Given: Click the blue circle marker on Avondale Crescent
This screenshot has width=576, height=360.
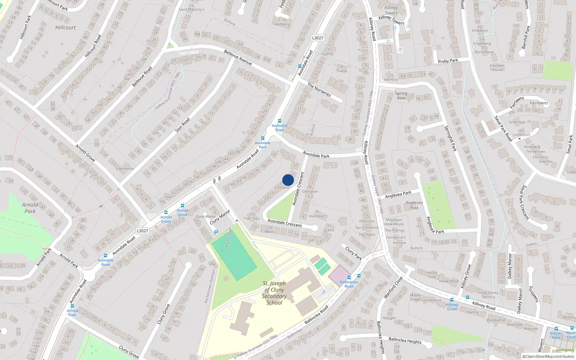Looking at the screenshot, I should click(288, 180).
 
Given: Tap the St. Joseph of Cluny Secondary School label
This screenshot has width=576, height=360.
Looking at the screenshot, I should click(274, 293).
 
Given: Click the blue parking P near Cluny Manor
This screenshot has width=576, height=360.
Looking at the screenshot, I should click(216, 233).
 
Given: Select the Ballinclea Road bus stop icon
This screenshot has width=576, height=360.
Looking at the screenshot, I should click(349, 278).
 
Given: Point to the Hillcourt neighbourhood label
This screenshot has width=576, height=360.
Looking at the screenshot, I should click(66, 27).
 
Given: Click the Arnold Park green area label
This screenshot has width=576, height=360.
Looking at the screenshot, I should click(30, 208).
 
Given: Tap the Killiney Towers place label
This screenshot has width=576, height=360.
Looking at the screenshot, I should click(391, 10).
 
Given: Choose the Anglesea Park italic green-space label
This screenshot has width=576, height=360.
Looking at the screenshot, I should click(414, 205).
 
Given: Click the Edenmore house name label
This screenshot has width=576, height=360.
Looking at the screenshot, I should click(125, 168).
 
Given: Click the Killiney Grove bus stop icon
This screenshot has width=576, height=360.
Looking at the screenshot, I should click(452, 300).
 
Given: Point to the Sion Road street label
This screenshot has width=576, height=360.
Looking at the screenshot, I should click(182, 125).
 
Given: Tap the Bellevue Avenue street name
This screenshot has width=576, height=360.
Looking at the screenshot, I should click(238, 57).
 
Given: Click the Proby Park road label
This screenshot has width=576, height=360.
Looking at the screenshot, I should click(448, 61).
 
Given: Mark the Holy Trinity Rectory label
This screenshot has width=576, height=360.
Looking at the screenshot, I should click(489, 295).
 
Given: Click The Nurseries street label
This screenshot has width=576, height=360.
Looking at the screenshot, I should click(319, 90).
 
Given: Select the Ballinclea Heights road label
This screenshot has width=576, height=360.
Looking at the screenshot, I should click(405, 340).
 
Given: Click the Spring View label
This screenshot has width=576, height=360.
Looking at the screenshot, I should click(401, 95).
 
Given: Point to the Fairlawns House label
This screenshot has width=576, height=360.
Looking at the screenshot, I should click(497, 68).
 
